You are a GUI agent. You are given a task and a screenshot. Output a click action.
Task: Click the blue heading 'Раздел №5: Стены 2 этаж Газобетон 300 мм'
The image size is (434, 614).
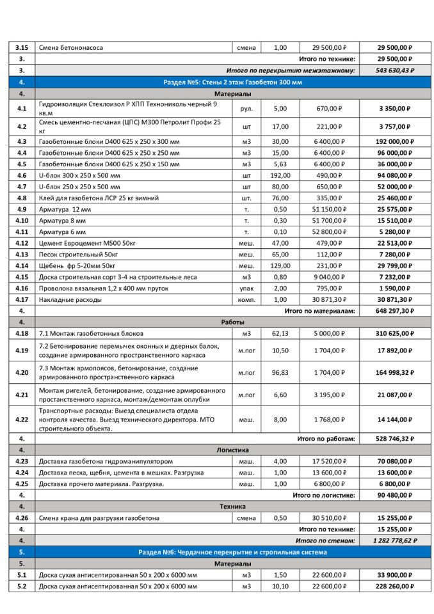[x=232, y=83]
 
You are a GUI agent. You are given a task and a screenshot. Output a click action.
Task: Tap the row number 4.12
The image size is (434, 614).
[x=22, y=243]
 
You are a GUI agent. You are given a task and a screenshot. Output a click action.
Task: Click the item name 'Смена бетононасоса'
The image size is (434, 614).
[x=71, y=48]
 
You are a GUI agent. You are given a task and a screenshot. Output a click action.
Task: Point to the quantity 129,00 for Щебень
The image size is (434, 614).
[x=280, y=265]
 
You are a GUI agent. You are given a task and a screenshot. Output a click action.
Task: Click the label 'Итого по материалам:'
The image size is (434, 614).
[x=319, y=311]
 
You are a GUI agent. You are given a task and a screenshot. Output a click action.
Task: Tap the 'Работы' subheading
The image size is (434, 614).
[x=232, y=322]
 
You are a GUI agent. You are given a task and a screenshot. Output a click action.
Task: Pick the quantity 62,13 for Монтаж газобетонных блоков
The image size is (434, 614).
[x=280, y=333]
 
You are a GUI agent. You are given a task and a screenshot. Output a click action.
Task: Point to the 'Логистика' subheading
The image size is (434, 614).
[x=232, y=450]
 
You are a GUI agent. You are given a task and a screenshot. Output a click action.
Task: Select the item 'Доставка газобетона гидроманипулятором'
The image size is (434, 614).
[x=106, y=461]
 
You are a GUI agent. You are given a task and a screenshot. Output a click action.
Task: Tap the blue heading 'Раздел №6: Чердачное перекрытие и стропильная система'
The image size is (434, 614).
[x=232, y=552]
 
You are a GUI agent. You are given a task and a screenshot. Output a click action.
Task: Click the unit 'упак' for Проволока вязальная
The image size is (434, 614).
[x=246, y=288]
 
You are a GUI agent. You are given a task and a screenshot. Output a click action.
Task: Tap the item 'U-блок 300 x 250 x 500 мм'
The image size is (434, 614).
[x=79, y=175]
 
